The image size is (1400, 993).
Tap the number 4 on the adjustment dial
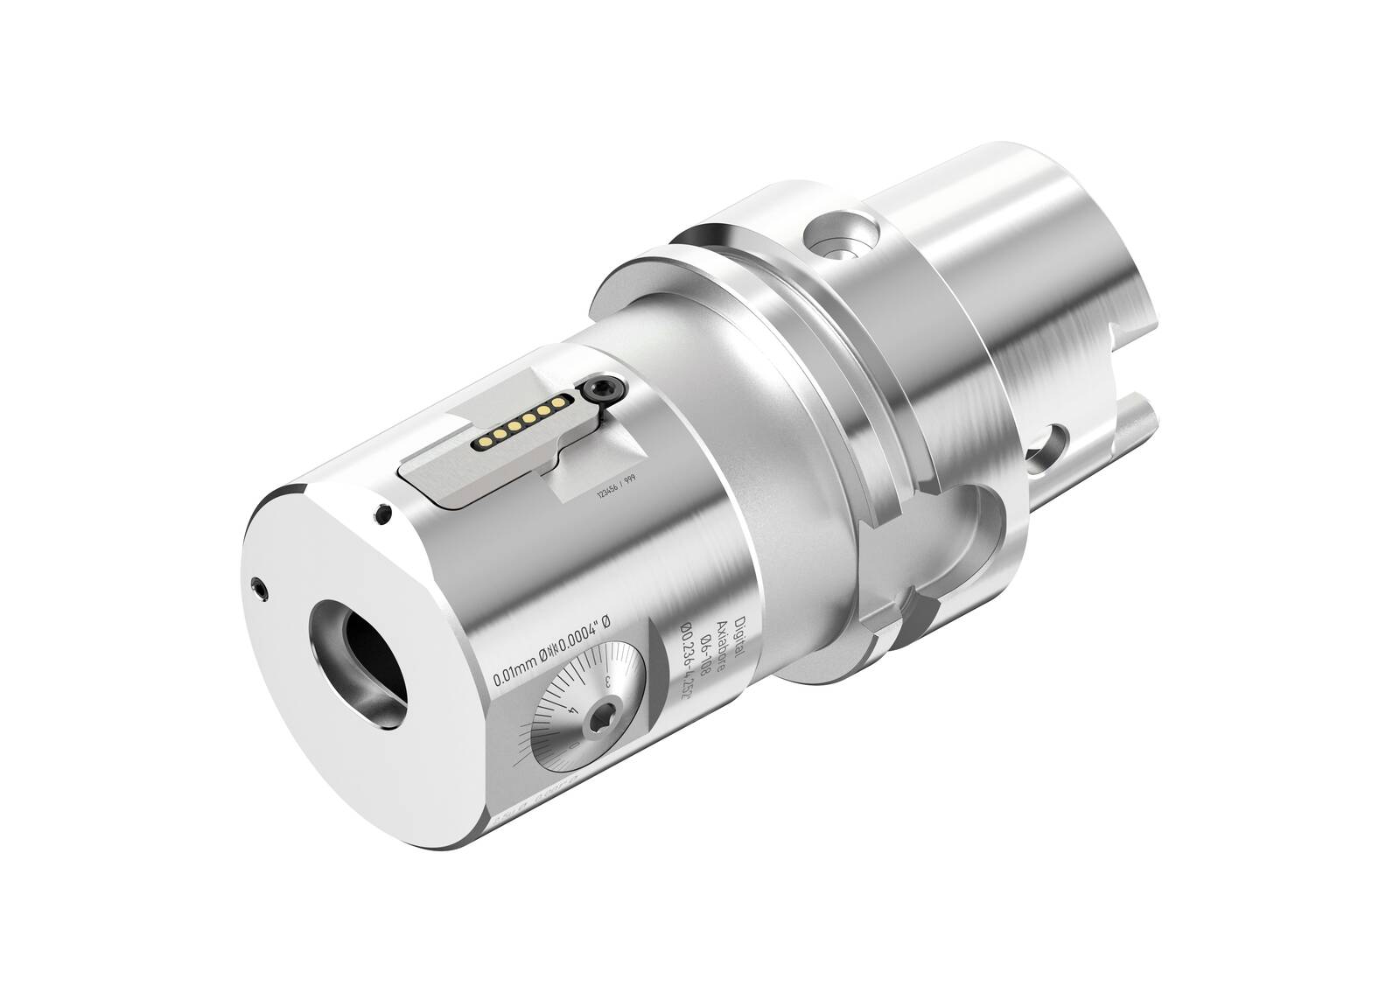[570, 710]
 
